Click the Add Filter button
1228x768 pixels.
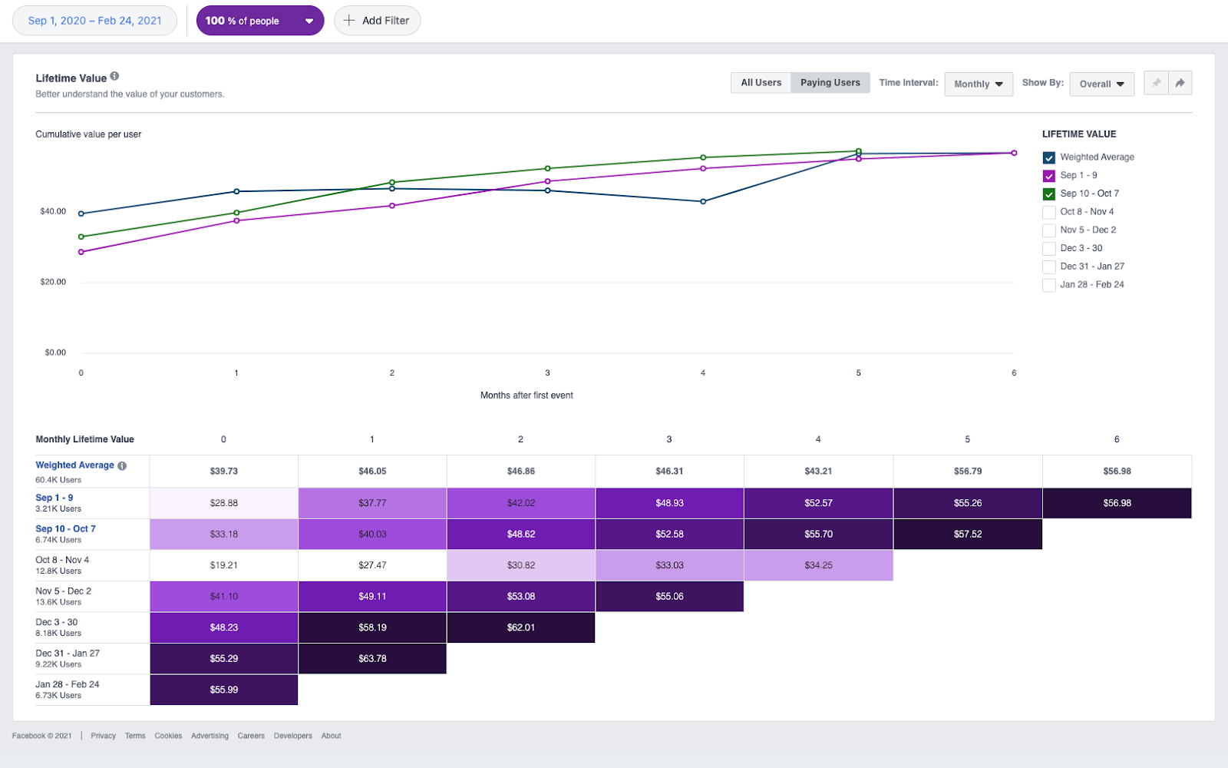pyautogui.click(x=377, y=21)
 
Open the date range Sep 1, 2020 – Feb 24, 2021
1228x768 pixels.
pyautogui.click(x=94, y=21)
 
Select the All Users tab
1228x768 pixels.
pyautogui.click(x=761, y=83)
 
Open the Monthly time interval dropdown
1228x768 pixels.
pyautogui.click(x=978, y=84)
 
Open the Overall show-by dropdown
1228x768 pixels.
pyautogui.click(x=1101, y=84)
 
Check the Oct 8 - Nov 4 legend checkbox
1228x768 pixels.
pyautogui.click(x=1048, y=212)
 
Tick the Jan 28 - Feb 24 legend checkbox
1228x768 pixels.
pyautogui.click(x=1048, y=285)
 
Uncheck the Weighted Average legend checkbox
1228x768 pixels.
pyautogui.click(x=1048, y=157)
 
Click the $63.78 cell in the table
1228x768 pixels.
pyautogui.click(x=372, y=658)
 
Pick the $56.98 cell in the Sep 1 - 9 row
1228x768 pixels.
pyautogui.click(x=1117, y=503)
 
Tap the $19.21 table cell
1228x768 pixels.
pyautogui.click(x=223, y=565)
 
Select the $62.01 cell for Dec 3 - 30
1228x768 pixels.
pyautogui.click(x=520, y=627)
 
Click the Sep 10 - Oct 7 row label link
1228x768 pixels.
pyautogui.click(x=65, y=528)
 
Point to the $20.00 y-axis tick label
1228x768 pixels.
pyautogui.click(x=53, y=282)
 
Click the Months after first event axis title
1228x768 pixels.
pyautogui.click(x=527, y=396)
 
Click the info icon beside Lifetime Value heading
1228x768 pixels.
pyautogui.click(x=114, y=76)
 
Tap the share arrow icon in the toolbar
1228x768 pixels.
pyautogui.click(x=1180, y=83)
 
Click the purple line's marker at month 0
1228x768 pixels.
pyautogui.click(x=81, y=252)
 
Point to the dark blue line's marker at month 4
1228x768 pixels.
pyautogui.click(x=703, y=201)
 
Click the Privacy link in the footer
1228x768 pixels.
pyautogui.click(x=103, y=736)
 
